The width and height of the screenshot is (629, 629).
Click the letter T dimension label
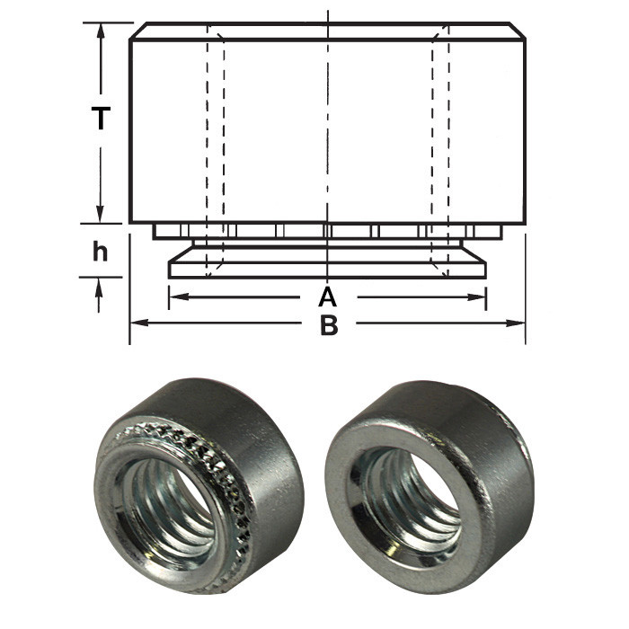[101, 119]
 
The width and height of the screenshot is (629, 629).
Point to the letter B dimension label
[329, 325]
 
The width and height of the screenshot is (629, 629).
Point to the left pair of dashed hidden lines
[216, 135]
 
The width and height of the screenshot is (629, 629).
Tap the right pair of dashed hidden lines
[439, 135]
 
